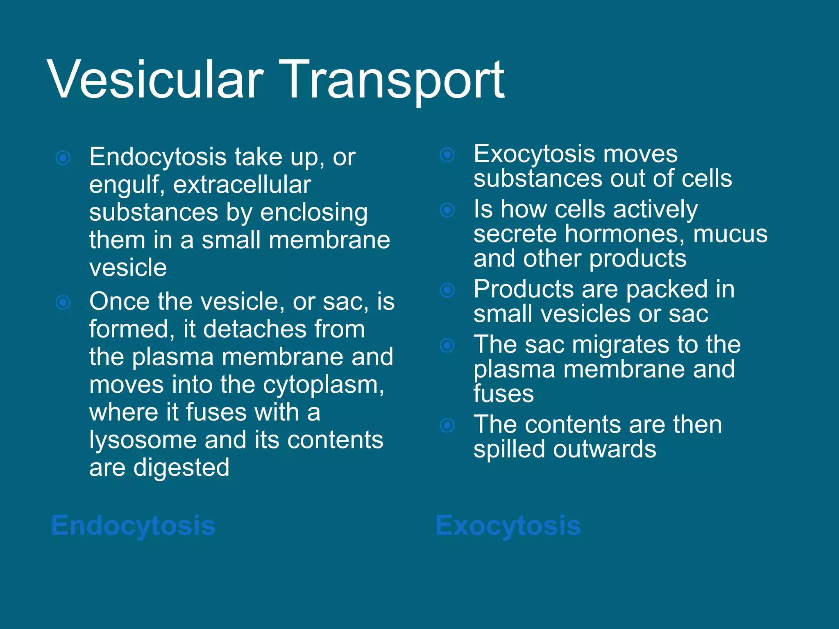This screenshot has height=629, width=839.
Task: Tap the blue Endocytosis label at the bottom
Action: click(133, 525)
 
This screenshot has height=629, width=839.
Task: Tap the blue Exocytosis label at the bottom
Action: click(508, 525)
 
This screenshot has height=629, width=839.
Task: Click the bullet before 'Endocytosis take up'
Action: click(63, 158)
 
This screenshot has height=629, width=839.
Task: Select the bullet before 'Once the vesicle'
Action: click(63, 303)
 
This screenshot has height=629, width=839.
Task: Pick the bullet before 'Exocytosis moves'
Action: click(447, 155)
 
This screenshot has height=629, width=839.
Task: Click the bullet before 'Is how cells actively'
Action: click(447, 210)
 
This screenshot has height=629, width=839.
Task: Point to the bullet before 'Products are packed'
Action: click(447, 290)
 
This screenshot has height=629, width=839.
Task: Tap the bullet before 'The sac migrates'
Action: click(447, 345)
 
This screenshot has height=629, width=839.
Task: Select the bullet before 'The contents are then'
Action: click(447, 425)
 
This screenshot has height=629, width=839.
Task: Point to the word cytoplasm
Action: click(323, 385)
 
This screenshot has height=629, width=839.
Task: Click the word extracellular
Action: click(242, 185)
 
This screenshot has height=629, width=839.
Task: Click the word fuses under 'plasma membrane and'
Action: click(503, 394)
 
